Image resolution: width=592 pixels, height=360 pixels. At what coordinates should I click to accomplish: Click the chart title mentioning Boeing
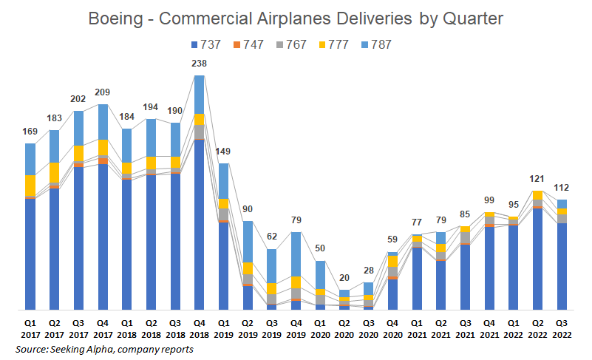click(296, 18)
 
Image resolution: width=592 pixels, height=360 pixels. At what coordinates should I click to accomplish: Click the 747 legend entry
click(249, 44)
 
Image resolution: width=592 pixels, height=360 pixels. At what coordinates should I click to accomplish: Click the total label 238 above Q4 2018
click(199, 64)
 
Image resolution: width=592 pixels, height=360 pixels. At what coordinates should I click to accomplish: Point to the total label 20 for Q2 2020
click(344, 278)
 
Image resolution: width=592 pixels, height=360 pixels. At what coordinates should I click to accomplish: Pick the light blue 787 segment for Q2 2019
click(248, 242)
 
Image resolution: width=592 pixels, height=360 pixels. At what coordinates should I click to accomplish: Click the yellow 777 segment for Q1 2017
click(30, 186)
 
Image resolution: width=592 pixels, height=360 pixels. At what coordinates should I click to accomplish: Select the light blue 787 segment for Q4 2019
click(296, 254)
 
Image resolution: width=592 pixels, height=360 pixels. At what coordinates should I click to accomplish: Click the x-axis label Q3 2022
click(562, 328)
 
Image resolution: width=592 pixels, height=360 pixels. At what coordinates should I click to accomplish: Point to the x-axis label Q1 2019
click(223, 328)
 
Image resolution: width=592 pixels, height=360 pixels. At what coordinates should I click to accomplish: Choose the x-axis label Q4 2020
click(392, 328)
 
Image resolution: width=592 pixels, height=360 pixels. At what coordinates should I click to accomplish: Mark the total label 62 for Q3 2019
click(271, 237)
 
